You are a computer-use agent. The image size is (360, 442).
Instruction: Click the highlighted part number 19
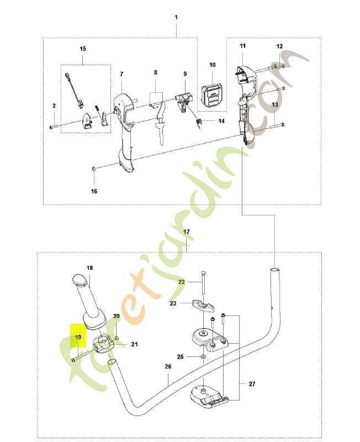(x=78, y=337)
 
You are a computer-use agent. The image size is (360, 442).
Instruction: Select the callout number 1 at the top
(x=176, y=17)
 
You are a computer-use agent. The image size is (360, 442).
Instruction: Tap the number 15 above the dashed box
(x=83, y=49)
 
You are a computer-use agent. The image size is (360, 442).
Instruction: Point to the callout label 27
(x=252, y=383)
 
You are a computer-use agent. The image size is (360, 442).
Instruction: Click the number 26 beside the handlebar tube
(x=168, y=366)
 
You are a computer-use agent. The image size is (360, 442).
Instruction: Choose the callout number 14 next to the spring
(x=221, y=121)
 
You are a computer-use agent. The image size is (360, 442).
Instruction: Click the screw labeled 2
(x=53, y=127)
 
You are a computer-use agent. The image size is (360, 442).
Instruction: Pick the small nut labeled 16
(x=94, y=169)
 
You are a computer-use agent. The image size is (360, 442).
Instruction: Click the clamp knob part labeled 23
(x=203, y=306)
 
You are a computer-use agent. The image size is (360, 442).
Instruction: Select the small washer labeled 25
(x=203, y=357)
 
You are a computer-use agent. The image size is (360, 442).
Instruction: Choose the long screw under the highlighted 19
(x=81, y=355)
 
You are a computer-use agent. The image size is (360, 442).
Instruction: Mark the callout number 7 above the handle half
(x=121, y=74)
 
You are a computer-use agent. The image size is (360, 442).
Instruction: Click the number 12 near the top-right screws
(x=279, y=46)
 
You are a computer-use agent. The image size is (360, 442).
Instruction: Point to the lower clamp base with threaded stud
(x=209, y=397)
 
